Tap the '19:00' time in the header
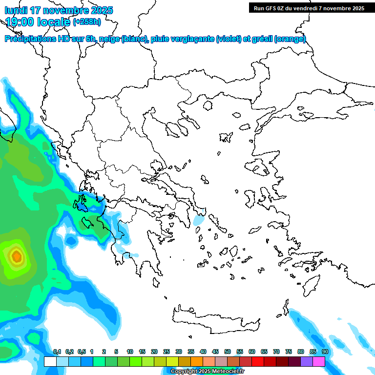[x=20, y=21]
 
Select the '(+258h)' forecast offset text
[x=87, y=22]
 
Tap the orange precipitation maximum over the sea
[x=16, y=255]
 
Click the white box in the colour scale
[x=50, y=362]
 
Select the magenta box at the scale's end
[x=319, y=362]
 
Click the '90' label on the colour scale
[x=325, y=352]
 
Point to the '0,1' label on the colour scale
[x=57, y=352]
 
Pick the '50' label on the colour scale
[x=228, y=352]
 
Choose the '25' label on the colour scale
[x=167, y=352]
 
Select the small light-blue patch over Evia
[x=199, y=218]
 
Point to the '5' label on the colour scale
[x=116, y=352]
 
